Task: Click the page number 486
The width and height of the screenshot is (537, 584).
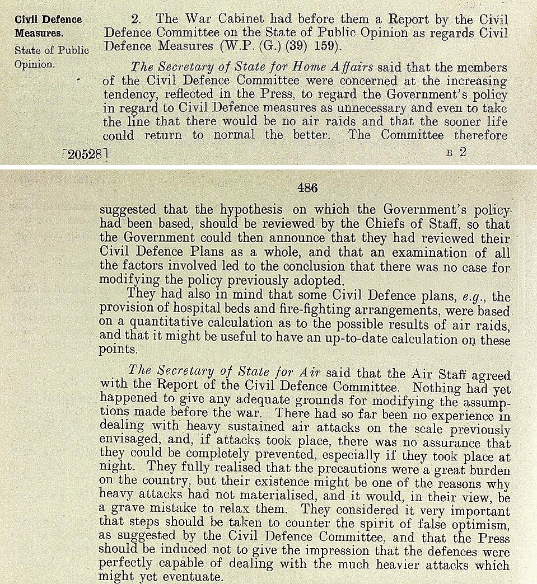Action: click(307, 189)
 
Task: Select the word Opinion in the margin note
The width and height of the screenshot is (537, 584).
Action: click(35, 64)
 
